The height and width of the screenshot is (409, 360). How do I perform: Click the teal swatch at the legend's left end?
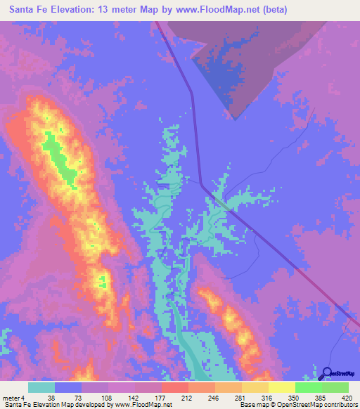pyautogui.click(x=41, y=387)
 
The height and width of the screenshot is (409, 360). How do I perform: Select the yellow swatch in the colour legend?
pyautogui.click(x=281, y=387)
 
